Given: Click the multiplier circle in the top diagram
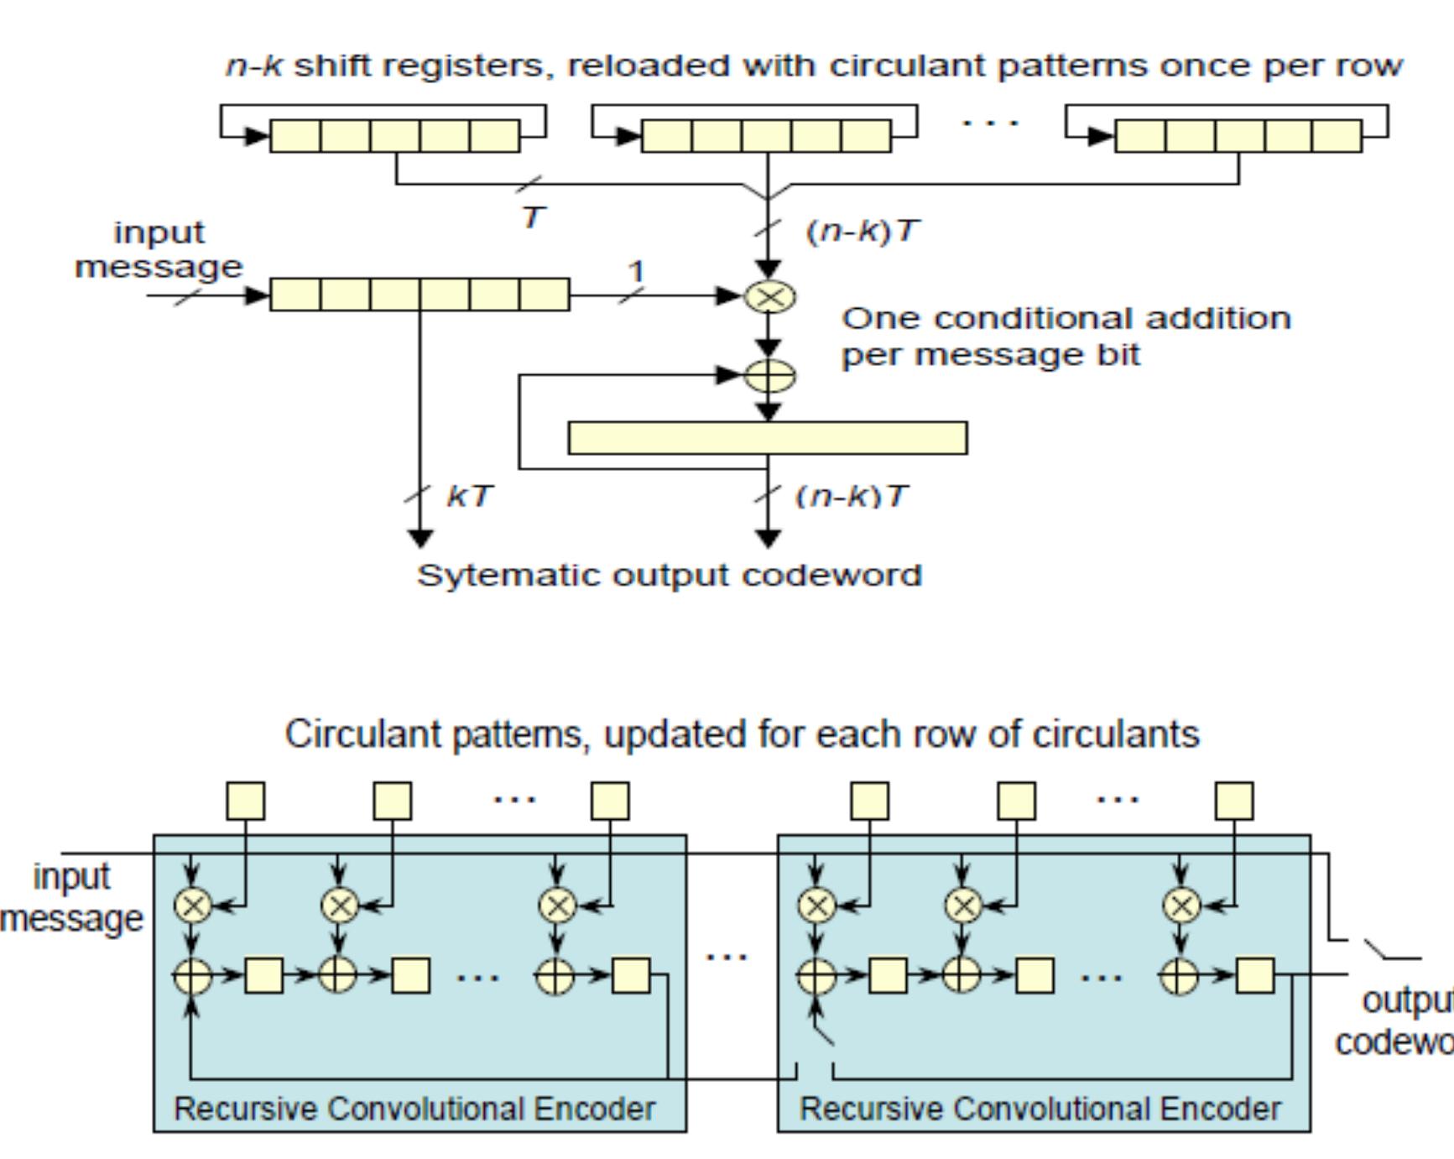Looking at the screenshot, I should (x=769, y=296).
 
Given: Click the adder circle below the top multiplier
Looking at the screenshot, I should (x=769, y=375).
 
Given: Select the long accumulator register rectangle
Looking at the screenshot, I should (x=767, y=438).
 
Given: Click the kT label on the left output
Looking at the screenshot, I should (x=470, y=496).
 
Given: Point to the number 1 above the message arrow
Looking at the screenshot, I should (x=637, y=272).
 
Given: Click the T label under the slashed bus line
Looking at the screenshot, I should (x=534, y=218).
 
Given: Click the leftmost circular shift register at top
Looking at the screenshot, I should (x=394, y=135).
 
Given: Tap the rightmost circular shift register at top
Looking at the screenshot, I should (x=1238, y=135).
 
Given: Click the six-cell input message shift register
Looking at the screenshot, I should (x=420, y=295).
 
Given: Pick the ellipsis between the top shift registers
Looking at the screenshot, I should (x=990, y=123).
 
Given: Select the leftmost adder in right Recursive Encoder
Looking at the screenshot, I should (x=816, y=975).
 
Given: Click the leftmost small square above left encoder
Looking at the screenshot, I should (x=246, y=801).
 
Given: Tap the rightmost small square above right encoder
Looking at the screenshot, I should (x=1234, y=801).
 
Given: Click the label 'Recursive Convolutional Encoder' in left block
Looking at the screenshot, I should (x=414, y=1109).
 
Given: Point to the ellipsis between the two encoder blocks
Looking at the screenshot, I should (x=727, y=956).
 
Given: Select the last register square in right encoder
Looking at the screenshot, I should (x=1256, y=975).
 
